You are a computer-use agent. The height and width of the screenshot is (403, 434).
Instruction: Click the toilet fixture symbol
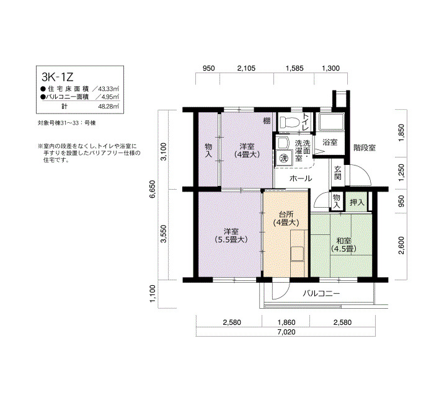point(290,122)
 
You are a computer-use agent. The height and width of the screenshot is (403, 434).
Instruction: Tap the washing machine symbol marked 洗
point(284,158)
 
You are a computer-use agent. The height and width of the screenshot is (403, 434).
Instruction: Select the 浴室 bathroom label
point(330,142)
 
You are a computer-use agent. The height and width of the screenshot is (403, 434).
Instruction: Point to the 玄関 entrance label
point(337,172)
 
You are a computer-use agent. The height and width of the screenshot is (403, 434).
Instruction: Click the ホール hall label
point(301,179)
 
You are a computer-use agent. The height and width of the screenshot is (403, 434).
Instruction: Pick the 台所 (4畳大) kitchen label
point(286,218)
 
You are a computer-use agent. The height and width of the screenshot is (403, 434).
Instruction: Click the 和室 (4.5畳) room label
point(343,245)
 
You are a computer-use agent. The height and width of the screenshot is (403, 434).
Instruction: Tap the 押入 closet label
point(356,202)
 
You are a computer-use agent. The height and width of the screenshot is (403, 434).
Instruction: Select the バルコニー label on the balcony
point(321,293)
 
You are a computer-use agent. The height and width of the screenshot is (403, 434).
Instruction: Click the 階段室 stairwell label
point(365,148)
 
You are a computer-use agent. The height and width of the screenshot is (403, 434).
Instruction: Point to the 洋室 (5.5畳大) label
point(231,235)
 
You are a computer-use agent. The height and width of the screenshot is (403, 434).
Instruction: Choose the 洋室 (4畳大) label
point(247,150)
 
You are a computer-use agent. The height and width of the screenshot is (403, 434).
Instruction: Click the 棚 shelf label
point(267,121)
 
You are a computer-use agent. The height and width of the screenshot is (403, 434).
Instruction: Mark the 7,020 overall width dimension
point(286,332)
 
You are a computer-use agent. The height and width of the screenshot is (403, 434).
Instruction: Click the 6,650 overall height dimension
point(152,189)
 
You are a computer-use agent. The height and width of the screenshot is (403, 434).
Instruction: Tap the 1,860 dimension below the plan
point(286,322)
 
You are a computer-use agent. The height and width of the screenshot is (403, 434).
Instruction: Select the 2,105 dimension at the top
point(246,68)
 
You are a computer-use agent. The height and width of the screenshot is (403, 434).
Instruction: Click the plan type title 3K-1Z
point(58,77)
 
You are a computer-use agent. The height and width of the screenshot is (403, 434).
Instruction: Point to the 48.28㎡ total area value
point(110,106)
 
